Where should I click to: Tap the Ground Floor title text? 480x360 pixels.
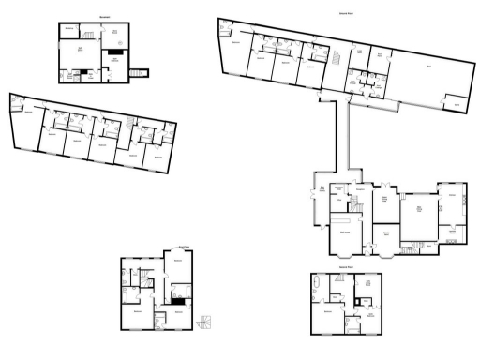point(346,14)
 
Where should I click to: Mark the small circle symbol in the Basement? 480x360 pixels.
point(113,78)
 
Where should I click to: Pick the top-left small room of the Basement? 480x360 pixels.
point(70,29)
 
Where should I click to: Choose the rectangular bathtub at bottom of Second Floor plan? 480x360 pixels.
point(354,328)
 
